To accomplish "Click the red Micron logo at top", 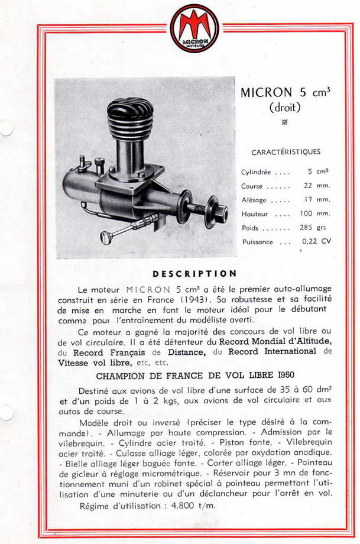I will [194, 28].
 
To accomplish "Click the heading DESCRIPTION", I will [194, 274].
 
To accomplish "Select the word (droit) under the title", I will [285, 108].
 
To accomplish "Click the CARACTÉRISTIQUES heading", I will [286, 152].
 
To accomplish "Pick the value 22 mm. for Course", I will [316, 186].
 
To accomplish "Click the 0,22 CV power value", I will [316, 241].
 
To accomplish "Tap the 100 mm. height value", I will [314, 213].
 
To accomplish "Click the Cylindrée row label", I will [256, 172].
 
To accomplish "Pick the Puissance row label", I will [257, 242].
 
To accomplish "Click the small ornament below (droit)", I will [285, 122].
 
